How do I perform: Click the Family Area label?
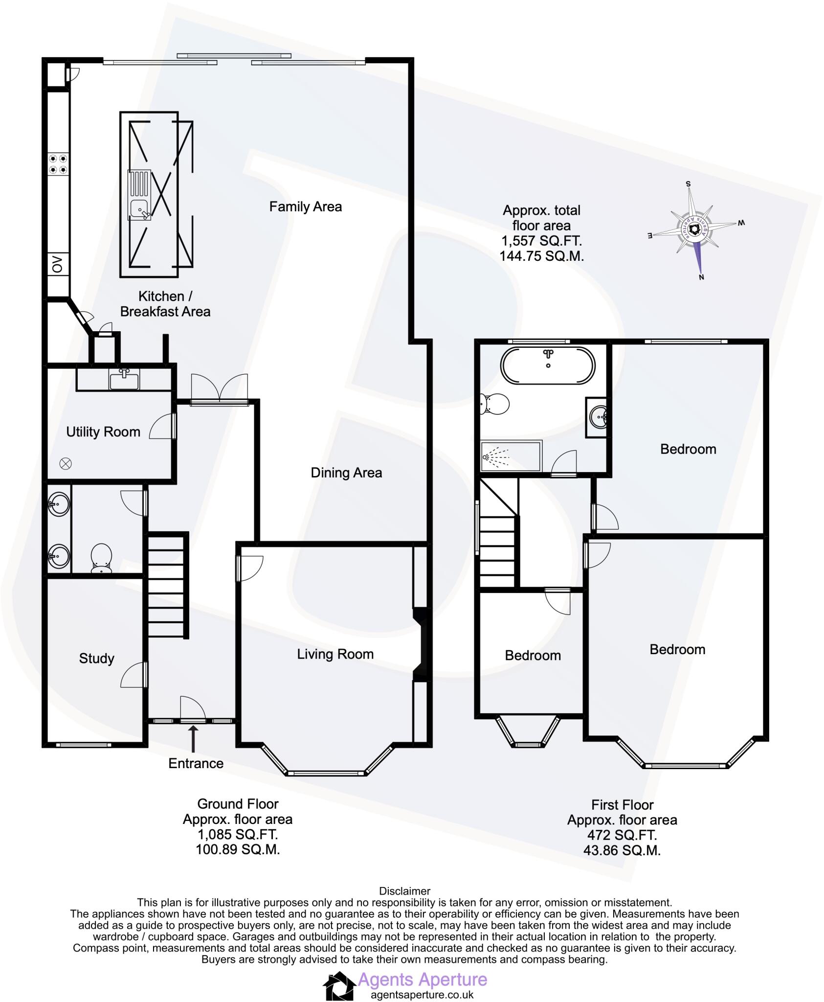click(305, 206)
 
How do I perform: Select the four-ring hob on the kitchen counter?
click(58, 164)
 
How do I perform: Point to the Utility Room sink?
click(124, 379)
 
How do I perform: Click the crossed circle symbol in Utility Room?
click(66, 463)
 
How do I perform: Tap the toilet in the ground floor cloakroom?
click(102, 557)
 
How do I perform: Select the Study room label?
click(96, 658)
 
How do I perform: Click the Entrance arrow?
click(194, 739)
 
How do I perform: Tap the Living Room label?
click(335, 654)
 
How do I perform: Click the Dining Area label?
click(346, 473)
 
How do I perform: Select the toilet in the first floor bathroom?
click(494, 404)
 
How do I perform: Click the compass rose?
click(693, 229)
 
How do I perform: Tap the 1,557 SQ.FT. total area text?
click(541, 241)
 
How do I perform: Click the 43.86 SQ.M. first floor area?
click(622, 850)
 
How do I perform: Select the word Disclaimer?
click(404, 891)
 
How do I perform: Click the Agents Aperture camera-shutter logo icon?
click(338, 986)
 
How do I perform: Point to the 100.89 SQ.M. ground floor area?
click(238, 849)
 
